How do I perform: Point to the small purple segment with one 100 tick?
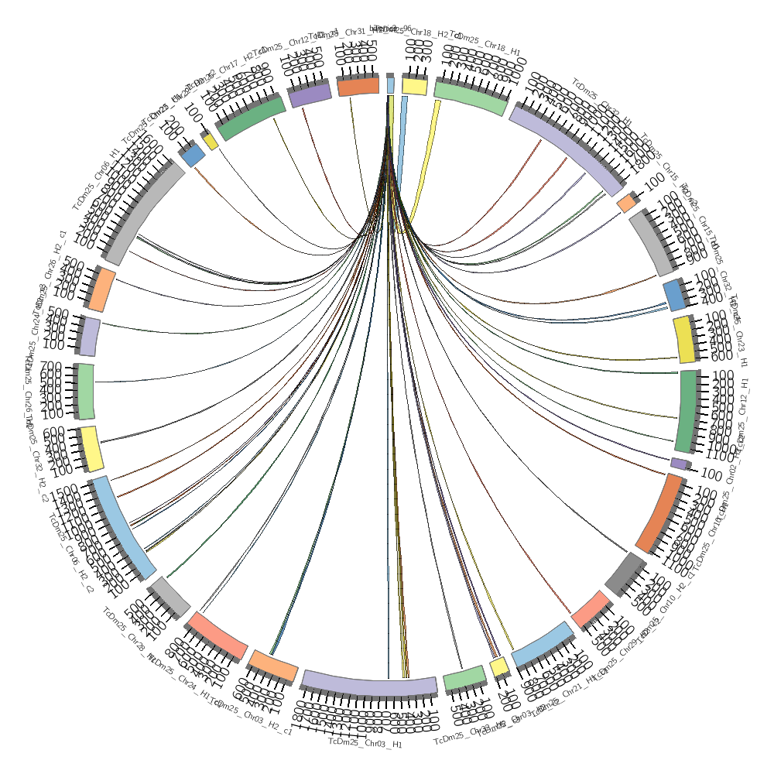[679, 464]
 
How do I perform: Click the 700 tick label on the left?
[52, 366]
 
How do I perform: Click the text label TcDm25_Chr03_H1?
[365, 743]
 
